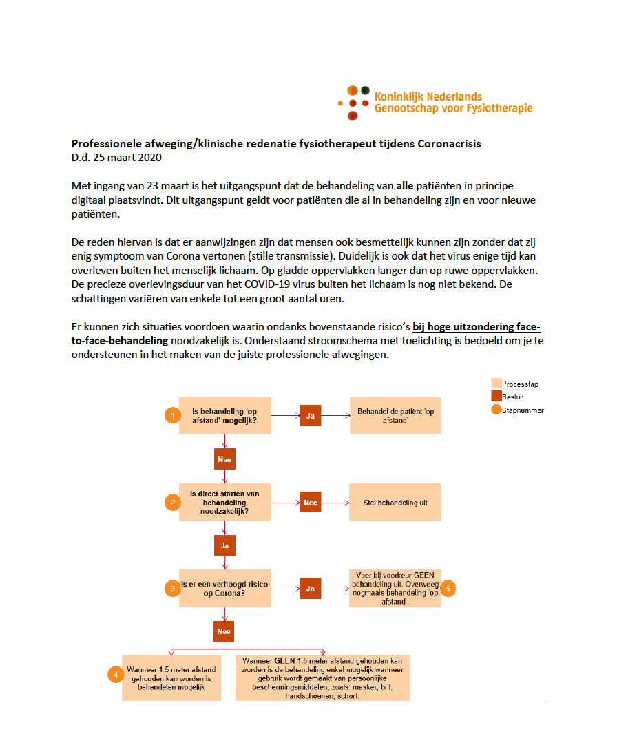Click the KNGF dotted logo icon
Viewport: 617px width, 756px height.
point(353,102)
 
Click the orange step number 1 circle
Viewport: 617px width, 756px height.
point(171,415)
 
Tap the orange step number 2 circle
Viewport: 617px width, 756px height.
point(171,502)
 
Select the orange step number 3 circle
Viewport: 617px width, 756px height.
point(171,588)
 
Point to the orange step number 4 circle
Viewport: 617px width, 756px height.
point(116,675)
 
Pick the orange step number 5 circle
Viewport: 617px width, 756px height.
point(448,588)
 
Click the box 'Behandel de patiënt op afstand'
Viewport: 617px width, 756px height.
point(395,415)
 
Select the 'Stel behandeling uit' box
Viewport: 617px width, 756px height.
point(395,502)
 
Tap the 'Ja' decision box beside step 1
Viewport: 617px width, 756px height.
point(310,415)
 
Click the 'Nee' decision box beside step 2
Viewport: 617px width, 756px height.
point(310,502)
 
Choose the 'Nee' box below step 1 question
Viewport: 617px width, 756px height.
point(224,459)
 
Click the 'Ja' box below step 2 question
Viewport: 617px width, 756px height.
point(224,545)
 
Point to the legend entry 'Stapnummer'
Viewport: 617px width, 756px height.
point(518,410)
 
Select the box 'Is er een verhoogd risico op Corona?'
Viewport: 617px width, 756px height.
point(224,588)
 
